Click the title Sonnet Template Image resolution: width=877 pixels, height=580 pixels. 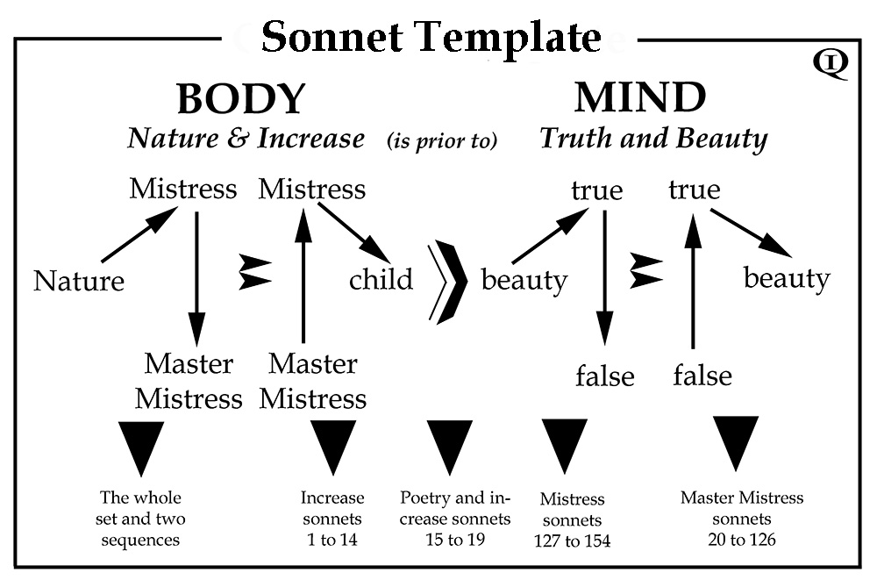tap(431, 38)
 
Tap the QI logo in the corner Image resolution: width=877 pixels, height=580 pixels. tap(830, 64)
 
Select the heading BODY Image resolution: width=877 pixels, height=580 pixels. tap(240, 98)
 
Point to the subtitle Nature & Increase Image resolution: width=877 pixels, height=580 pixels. tap(246, 138)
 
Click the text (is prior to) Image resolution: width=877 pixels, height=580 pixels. tap(442, 140)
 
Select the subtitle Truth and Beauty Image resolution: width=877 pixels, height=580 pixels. tap(653, 138)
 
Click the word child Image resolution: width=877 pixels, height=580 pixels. tap(381, 280)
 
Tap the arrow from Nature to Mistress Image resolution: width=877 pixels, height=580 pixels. tap(132, 238)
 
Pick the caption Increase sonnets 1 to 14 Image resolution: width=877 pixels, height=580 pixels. tap(332, 519)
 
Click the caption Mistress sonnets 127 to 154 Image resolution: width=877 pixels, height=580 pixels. tap(572, 519)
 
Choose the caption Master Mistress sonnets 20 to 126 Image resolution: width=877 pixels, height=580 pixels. tap(741, 518)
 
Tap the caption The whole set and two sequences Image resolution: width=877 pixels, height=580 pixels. tap(141, 518)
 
